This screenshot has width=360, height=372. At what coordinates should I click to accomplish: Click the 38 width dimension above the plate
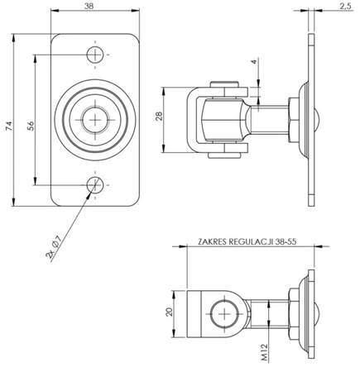[89, 6]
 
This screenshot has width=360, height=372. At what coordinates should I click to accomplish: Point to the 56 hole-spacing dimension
[30, 125]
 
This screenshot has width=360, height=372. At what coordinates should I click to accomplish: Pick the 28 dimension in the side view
[160, 117]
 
